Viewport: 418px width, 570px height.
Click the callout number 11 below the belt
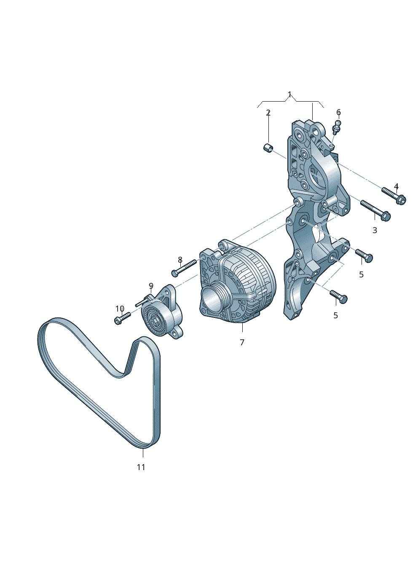pos(141,467)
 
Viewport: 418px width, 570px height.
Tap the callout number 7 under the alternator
pos(242,342)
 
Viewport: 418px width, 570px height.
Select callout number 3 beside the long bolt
pos(375,230)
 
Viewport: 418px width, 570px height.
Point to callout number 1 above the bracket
pos(289,95)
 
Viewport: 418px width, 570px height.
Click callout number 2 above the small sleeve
pos(268,113)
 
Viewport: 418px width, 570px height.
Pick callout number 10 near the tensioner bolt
pos(120,309)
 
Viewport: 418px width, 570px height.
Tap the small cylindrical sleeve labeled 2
pos(268,148)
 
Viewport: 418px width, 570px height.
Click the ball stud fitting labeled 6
pos(337,128)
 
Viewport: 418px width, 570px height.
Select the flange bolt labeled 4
pos(394,196)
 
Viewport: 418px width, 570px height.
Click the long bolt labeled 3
pos(375,211)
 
